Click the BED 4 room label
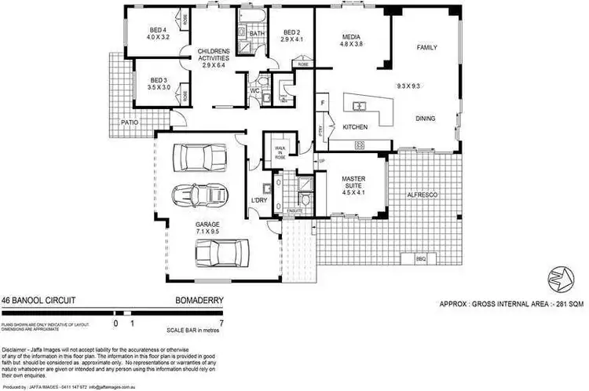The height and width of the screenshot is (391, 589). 159,32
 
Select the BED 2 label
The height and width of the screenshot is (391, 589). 292,32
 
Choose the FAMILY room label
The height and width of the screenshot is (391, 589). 426,47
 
